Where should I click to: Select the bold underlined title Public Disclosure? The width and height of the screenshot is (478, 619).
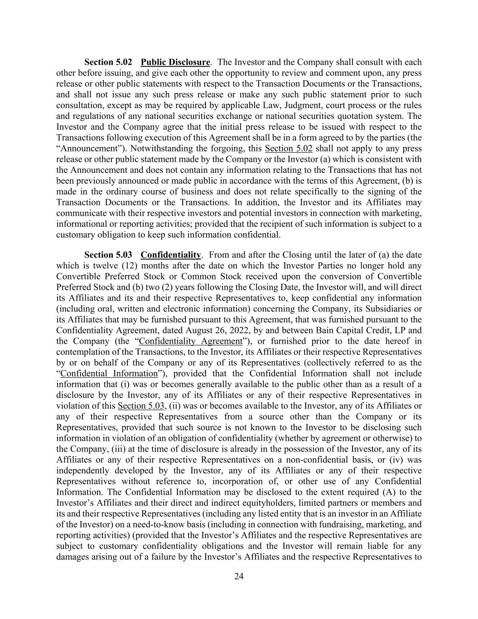pos(175,62)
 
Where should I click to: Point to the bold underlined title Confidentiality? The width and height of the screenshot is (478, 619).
pos(170,255)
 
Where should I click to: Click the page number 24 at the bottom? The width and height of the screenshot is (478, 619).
pos(239,576)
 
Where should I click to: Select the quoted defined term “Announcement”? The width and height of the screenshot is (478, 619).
pos(90,149)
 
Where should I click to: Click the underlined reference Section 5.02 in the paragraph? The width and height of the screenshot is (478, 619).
pos(288,149)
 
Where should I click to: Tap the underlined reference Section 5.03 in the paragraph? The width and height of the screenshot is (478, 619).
pos(140,406)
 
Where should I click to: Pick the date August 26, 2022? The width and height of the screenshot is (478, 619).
pos(244,331)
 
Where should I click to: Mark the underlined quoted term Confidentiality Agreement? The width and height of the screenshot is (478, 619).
pos(191,341)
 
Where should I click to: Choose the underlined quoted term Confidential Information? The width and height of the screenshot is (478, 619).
pos(109,374)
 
